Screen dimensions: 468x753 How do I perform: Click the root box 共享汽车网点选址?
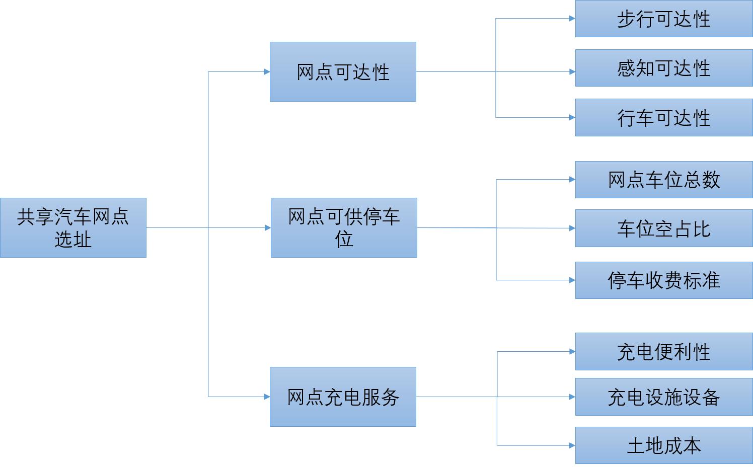pyautogui.click(x=73, y=227)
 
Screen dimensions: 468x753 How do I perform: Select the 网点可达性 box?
pyautogui.click(x=343, y=72)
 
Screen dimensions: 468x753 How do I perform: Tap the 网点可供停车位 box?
pyautogui.click(x=344, y=227)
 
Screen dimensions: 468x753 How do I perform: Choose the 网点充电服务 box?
pyautogui.click(x=343, y=397)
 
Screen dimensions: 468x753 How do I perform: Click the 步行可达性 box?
pyautogui.click(x=663, y=19)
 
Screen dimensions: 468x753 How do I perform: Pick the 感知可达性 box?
pyautogui.click(x=663, y=68)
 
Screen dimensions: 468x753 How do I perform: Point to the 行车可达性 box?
pyautogui.click(x=663, y=118)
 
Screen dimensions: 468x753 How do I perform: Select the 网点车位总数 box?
pyautogui.click(x=663, y=180)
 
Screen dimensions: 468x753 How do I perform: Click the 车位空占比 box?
pyautogui.click(x=663, y=228)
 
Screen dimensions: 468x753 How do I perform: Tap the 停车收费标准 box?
pyautogui.click(x=663, y=280)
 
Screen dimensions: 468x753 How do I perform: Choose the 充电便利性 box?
pyautogui.click(x=663, y=351)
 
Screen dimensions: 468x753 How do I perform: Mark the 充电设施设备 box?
pyautogui.click(x=663, y=397)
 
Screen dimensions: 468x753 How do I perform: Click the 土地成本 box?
pyautogui.click(x=663, y=445)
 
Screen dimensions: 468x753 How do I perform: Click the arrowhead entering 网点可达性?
pyautogui.click(x=267, y=72)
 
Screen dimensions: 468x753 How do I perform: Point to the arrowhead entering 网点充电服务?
pyautogui.click(x=267, y=397)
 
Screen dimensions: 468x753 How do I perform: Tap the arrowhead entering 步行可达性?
pyautogui.click(x=572, y=19)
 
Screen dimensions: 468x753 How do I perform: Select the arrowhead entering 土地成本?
pyautogui.click(x=572, y=445)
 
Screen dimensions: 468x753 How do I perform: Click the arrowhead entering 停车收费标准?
pyautogui.click(x=572, y=280)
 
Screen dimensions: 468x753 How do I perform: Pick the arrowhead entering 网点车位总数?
pyautogui.click(x=572, y=179)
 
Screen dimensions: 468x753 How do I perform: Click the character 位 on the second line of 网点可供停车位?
pyautogui.click(x=344, y=239)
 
